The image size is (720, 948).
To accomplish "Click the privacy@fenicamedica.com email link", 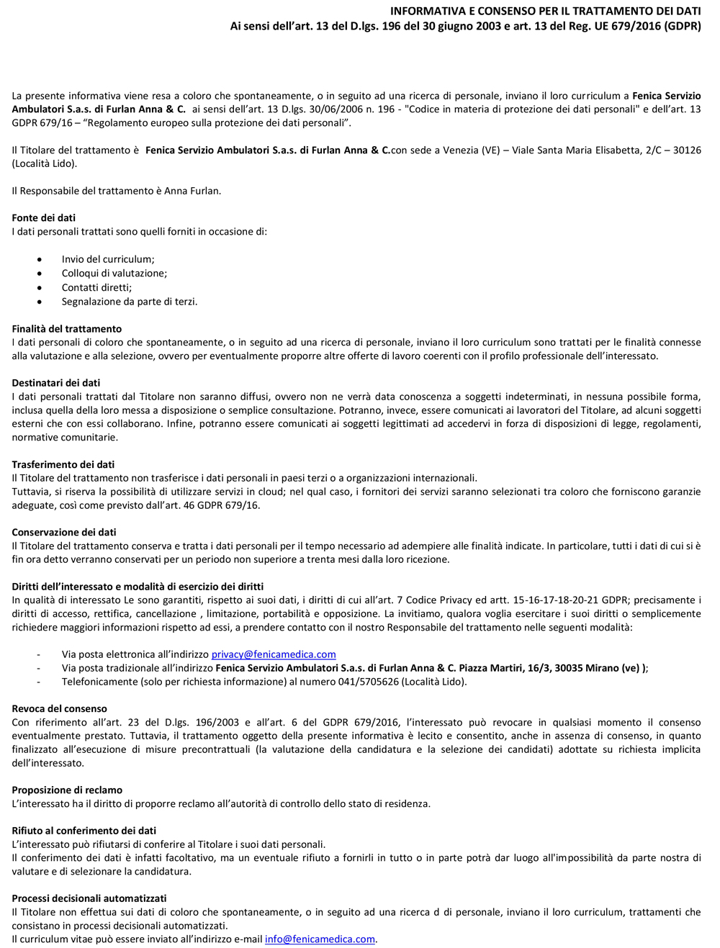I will [x=274, y=654].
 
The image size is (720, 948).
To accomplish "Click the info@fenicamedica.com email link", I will [x=320, y=939].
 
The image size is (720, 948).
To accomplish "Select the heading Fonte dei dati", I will [x=43, y=218].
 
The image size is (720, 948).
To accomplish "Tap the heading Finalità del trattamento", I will [x=67, y=329].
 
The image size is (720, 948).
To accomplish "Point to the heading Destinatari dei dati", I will [x=56, y=383].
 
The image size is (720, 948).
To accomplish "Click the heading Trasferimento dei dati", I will [x=63, y=464].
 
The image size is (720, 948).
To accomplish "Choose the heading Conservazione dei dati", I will [x=64, y=532].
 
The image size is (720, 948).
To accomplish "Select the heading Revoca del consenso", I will [x=59, y=708].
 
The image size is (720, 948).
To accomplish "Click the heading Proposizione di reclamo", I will [x=67, y=790].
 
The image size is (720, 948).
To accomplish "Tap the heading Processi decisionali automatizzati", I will [x=89, y=898].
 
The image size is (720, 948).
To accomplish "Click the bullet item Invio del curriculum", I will [x=108, y=259].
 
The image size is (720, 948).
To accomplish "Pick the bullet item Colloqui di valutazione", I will [x=114, y=274].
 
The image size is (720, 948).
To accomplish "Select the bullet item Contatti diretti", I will [x=96, y=287].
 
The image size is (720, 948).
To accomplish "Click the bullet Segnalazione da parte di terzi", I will [x=130, y=302].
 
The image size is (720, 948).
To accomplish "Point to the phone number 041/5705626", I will [x=369, y=682].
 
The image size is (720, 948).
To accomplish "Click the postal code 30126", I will [x=687, y=150].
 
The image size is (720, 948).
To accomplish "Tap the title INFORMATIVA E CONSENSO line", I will [x=545, y=12].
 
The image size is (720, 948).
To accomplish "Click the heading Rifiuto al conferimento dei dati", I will [x=84, y=831].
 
